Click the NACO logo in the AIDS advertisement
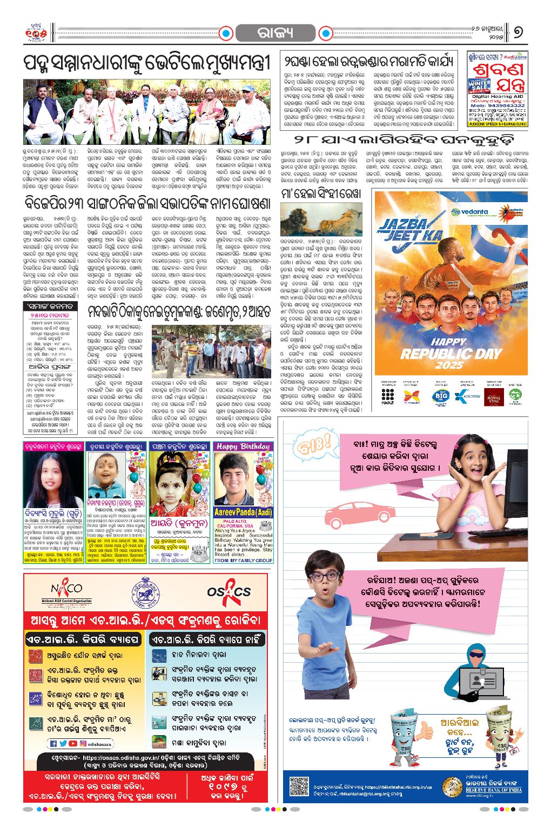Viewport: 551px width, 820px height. [66, 591]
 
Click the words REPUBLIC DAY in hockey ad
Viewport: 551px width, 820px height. [451, 354]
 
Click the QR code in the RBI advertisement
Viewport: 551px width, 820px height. [298, 785]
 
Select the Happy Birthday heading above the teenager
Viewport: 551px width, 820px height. [243, 446]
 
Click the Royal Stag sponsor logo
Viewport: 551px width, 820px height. [493, 397]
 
